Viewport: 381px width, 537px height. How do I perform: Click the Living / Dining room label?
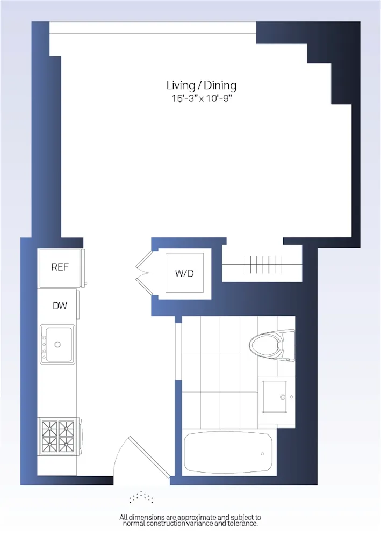click(201, 85)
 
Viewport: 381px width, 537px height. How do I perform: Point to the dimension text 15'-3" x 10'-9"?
click(201, 99)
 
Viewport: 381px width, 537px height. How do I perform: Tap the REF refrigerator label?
click(60, 267)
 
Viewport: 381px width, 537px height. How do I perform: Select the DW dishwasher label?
click(60, 306)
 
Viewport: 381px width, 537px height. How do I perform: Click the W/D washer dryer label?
click(184, 273)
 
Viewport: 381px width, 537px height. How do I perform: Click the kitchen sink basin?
click(57, 344)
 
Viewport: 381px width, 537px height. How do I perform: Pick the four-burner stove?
click(57, 436)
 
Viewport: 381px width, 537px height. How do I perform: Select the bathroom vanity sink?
click(274, 396)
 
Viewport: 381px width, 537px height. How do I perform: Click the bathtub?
click(228, 453)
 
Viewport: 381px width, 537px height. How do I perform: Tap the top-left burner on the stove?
click(50, 428)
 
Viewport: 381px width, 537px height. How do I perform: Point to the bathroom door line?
click(176, 349)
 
